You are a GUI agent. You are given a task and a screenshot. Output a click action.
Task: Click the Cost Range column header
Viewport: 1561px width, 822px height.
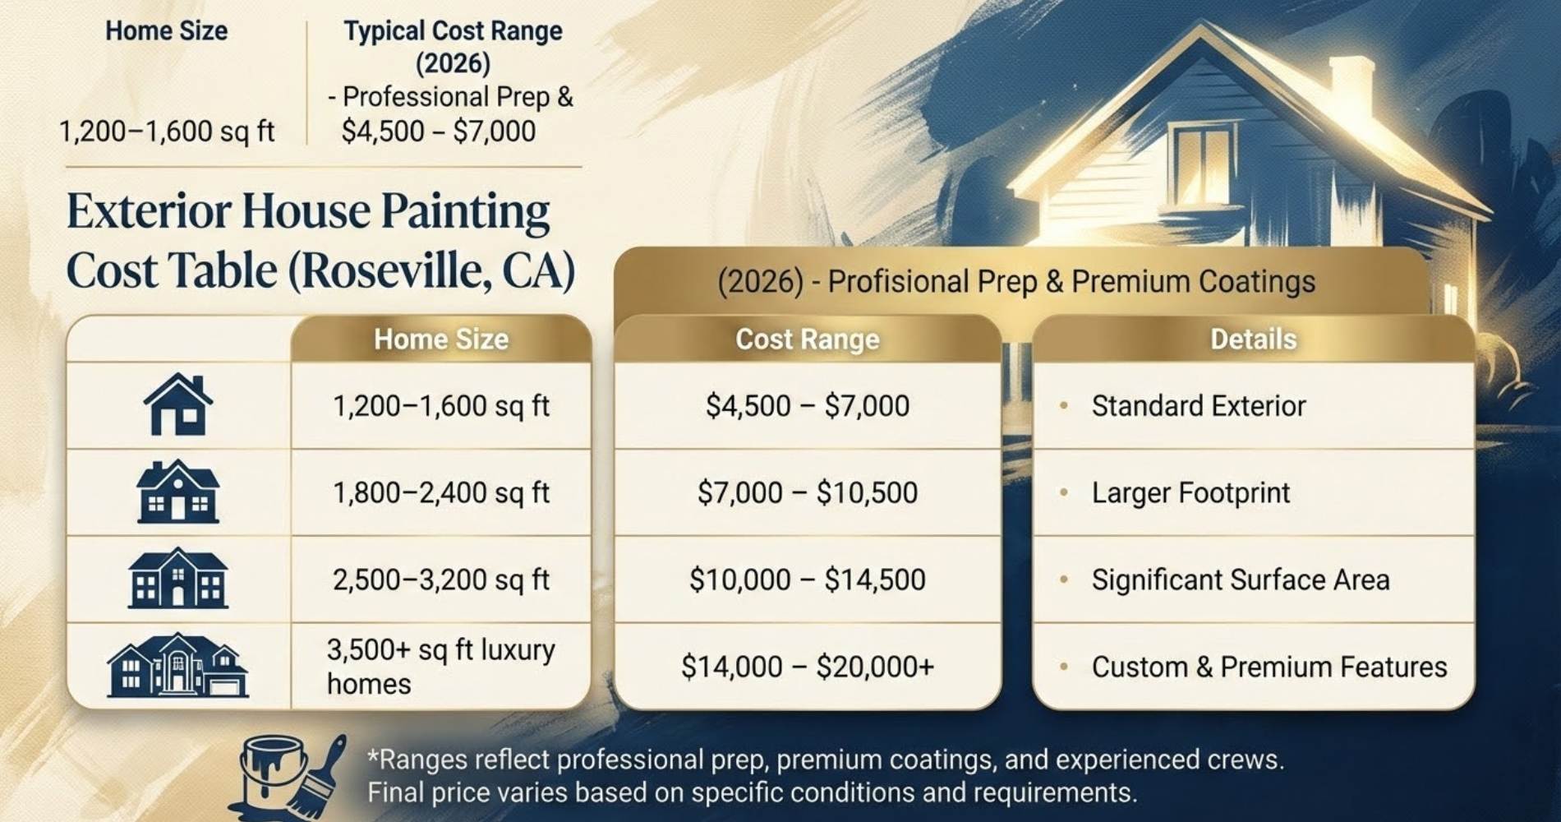tap(807, 339)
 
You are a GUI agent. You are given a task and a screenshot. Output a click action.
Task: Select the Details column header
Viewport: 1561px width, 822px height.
tap(1253, 339)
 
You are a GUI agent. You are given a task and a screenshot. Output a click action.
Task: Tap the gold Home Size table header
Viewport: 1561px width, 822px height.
tap(441, 339)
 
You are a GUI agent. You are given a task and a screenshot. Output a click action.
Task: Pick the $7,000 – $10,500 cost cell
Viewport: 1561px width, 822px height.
tap(807, 492)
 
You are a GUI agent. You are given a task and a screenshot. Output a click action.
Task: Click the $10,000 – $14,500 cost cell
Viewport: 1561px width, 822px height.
tap(807, 580)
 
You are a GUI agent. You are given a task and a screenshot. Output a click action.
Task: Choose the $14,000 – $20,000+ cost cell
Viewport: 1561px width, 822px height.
tap(807, 667)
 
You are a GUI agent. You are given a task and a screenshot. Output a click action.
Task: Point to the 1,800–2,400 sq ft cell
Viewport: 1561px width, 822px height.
tap(441, 492)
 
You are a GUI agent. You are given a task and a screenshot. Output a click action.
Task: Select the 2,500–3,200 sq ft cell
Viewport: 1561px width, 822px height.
tap(441, 580)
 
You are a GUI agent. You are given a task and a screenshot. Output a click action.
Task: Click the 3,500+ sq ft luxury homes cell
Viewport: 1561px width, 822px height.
tap(441, 667)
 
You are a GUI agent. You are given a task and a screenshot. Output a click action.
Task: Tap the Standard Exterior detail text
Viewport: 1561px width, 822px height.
tap(1198, 405)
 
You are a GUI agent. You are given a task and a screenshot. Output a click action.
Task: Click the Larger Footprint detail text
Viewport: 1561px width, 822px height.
tap(1190, 492)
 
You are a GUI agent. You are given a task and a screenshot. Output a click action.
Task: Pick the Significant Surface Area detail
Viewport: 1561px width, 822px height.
tap(1240, 580)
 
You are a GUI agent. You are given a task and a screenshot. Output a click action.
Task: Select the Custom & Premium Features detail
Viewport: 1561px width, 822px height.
tap(1269, 667)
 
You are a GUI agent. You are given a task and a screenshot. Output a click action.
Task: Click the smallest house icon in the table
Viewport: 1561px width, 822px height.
tap(177, 404)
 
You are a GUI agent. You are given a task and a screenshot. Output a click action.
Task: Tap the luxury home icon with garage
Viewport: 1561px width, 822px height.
tap(177, 666)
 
